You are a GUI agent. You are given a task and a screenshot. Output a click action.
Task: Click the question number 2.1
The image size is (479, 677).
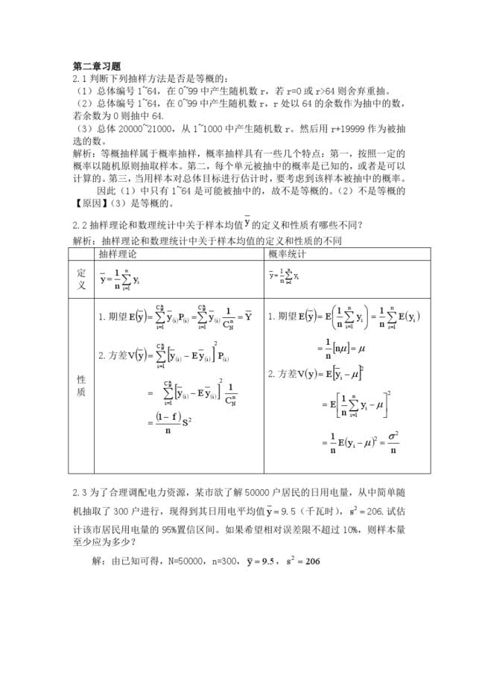[x=80, y=79]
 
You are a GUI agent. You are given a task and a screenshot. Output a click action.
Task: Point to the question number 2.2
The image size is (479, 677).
[x=80, y=225]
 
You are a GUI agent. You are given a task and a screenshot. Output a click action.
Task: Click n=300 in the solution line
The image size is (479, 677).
[x=218, y=561]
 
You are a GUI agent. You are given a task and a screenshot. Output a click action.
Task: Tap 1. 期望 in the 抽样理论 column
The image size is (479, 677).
[x=113, y=317]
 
